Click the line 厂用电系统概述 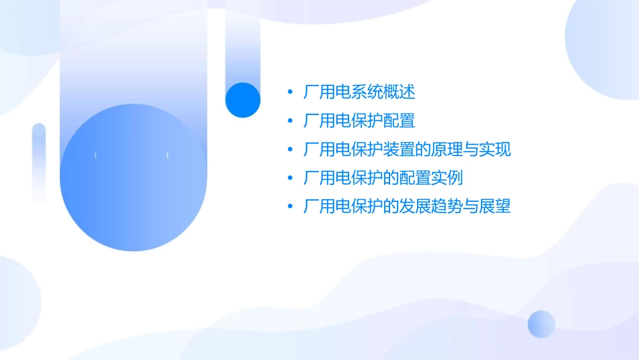click(359, 92)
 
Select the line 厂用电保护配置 click(359, 121)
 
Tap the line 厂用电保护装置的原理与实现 click(407, 149)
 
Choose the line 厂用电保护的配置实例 click(383, 178)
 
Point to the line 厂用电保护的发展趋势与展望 click(407, 207)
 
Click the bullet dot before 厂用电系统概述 click(290, 92)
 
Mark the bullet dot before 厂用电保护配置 click(290, 121)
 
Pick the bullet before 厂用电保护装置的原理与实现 click(290, 150)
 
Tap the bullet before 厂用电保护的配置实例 click(290, 178)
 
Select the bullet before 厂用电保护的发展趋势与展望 click(290, 207)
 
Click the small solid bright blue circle click(243, 100)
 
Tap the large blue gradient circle click(133, 178)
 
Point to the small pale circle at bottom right click(541, 324)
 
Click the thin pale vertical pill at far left click(39, 163)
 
